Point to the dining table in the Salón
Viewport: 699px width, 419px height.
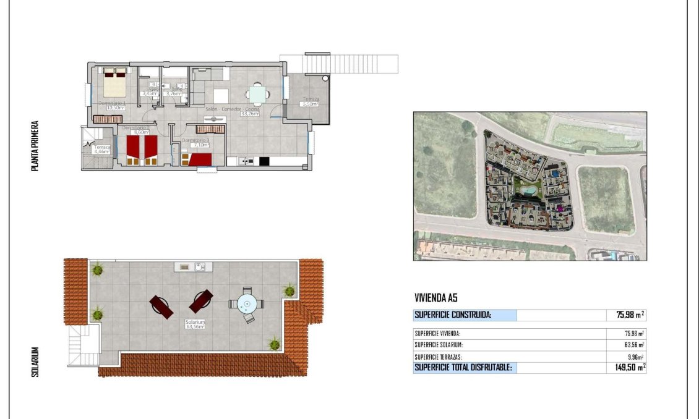257,94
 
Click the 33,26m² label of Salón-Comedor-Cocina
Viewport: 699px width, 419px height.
249,114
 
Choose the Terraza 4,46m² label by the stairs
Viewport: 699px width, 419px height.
102,151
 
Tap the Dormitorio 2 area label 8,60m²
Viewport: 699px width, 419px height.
135,132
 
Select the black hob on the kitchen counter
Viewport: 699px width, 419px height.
264,161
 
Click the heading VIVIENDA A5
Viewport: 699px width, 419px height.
435,298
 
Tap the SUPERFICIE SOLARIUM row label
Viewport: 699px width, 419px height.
439,345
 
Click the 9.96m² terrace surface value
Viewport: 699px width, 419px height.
635,357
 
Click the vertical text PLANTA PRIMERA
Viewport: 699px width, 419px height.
35,146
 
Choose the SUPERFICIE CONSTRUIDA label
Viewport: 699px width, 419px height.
453,315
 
